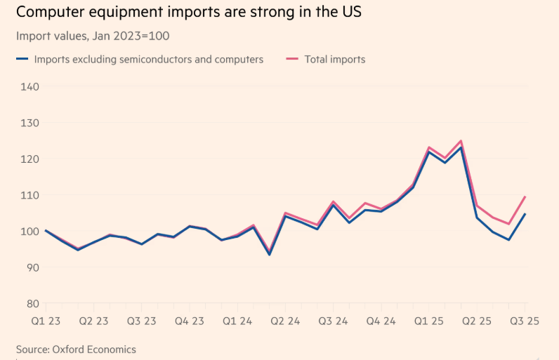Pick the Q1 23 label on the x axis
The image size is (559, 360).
tap(45, 321)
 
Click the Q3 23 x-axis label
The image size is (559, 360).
tap(141, 321)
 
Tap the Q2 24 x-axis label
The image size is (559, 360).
tap(284, 321)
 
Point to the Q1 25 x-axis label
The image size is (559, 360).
tap(428, 321)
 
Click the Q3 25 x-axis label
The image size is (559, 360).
tap(524, 321)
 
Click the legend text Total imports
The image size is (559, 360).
tap(334, 60)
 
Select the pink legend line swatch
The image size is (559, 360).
tap(292, 60)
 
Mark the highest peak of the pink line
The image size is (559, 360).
tap(461, 141)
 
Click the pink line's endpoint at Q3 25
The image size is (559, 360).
tap(525, 196)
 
